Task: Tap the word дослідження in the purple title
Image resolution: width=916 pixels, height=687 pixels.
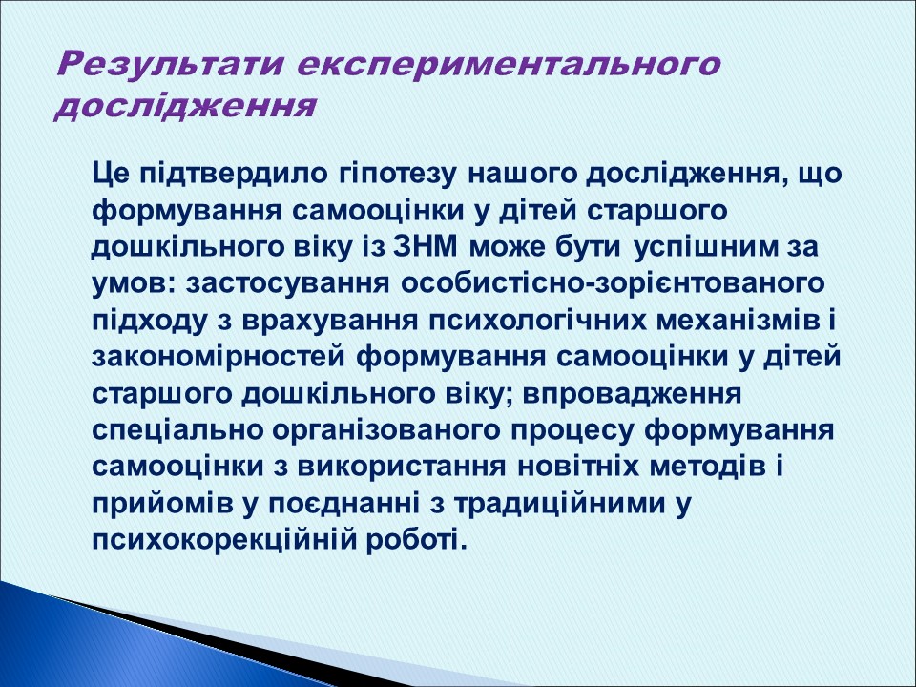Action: (184, 105)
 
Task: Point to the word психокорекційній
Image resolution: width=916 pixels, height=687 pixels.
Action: (223, 537)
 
